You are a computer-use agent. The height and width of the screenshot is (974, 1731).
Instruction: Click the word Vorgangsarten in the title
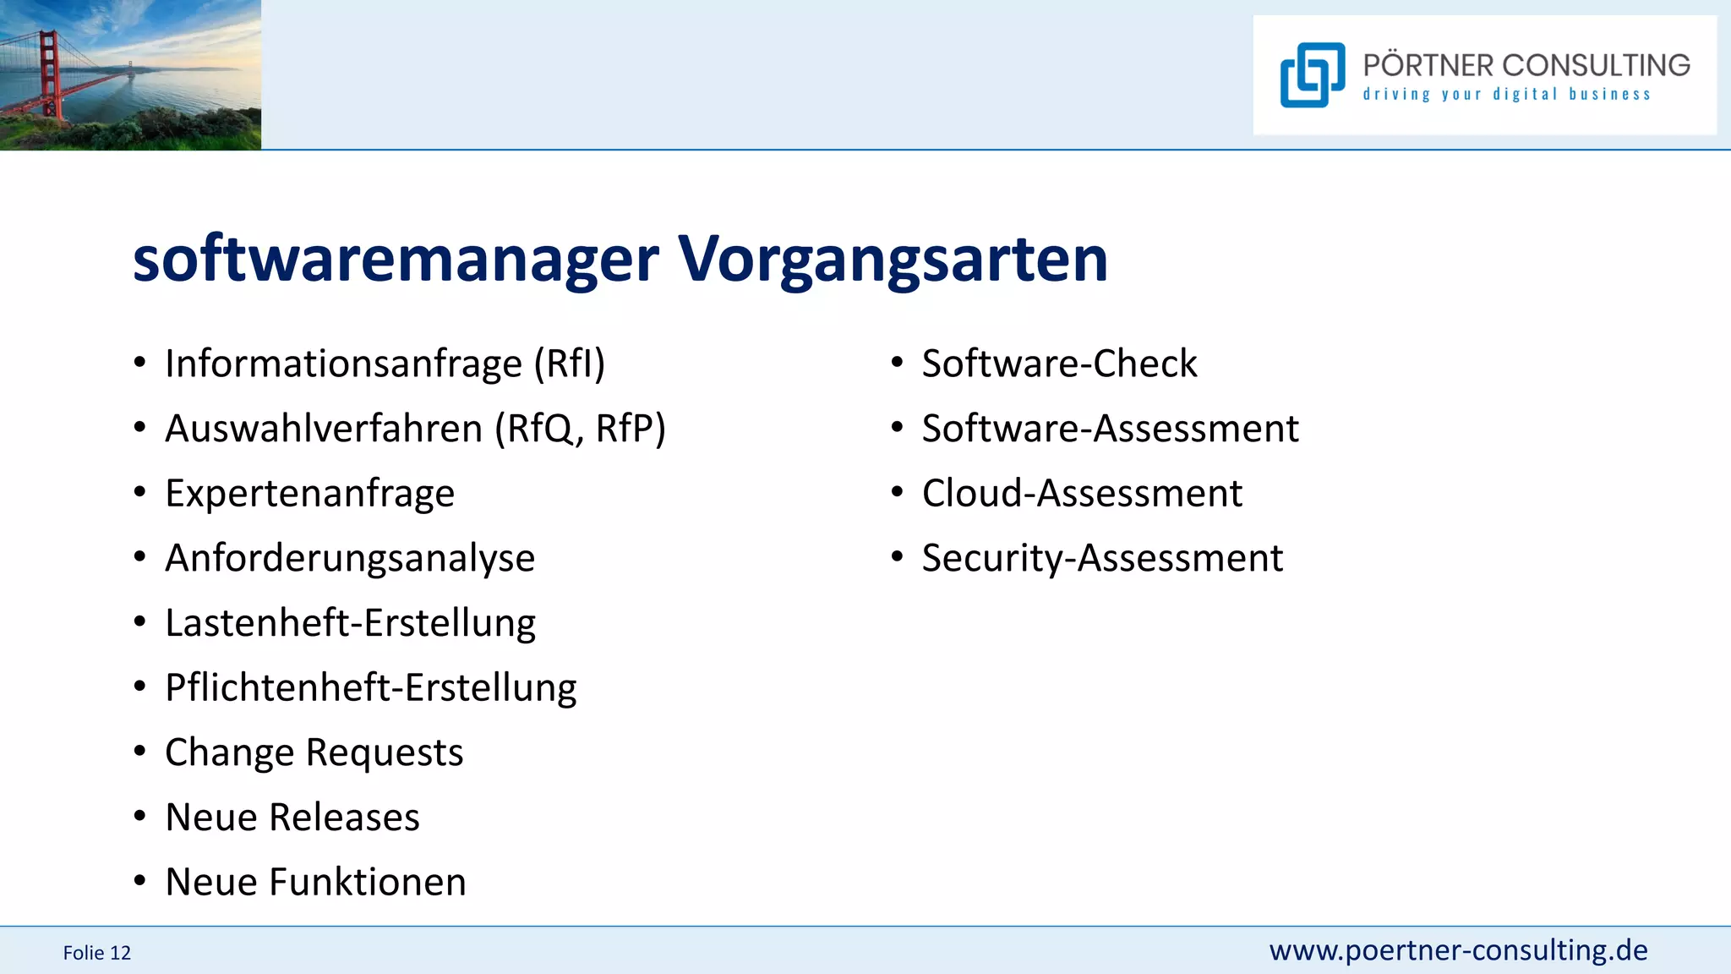coord(893,259)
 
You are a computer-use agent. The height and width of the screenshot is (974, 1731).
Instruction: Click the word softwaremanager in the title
coord(396,259)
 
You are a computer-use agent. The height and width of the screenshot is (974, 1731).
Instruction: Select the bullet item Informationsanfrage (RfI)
coord(385,364)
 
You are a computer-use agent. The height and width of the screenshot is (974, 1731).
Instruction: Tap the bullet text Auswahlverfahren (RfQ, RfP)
coord(415,429)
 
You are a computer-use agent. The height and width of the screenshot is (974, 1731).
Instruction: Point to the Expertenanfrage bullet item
coord(309,493)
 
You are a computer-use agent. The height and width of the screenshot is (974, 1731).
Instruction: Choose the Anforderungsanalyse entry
coord(350,558)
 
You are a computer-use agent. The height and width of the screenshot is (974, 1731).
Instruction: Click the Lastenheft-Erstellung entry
coord(350,623)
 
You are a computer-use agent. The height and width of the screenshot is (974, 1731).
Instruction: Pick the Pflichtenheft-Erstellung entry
coord(370,687)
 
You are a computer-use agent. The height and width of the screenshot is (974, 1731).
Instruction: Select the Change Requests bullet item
coord(314,752)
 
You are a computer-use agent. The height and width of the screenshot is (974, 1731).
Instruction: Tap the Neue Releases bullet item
coord(292,818)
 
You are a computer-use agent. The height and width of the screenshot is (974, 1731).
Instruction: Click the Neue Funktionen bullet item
coord(315,882)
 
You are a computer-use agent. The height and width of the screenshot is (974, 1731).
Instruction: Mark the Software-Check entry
coord(1059,364)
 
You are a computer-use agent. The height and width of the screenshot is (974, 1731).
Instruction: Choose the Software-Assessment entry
coord(1110,429)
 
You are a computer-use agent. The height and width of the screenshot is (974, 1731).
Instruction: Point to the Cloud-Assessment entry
coord(1082,493)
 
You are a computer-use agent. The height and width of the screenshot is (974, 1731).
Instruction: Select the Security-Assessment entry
coord(1102,558)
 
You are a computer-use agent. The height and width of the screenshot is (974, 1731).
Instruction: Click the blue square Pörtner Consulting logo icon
coord(1312,75)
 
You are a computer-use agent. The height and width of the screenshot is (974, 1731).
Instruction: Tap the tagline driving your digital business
coord(1506,94)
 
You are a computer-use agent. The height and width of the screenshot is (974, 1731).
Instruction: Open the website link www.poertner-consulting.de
coord(1458,950)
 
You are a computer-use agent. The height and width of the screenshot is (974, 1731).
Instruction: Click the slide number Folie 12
coord(97,953)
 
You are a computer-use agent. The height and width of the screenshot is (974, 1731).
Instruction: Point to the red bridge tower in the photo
coord(50,72)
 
